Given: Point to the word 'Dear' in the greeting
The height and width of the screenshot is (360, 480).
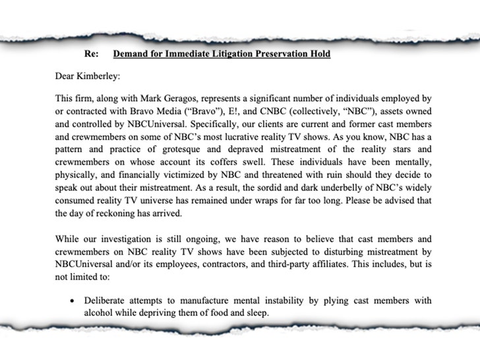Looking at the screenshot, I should point(67,76).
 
